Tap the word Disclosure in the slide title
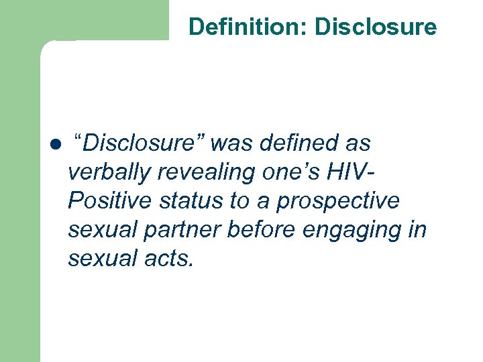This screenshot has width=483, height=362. tap(376, 27)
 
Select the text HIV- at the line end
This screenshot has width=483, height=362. tap(350, 172)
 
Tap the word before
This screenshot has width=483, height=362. tap(262, 229)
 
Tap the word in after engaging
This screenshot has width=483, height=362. tap(417, 229)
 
